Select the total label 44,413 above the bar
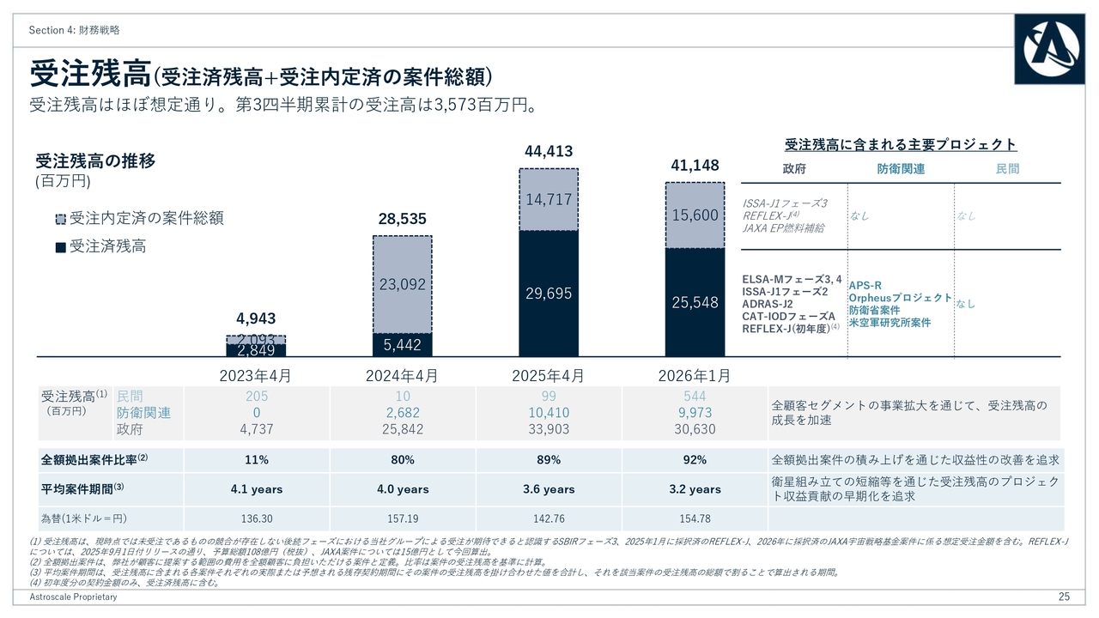click(549, 152)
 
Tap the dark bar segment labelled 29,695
click(549, 294)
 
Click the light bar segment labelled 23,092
click(403, 283)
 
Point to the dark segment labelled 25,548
click(695, 302)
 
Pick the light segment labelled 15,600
click(695, 215)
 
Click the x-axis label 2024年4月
click(402, 376)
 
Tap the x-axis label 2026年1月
click(695, 376)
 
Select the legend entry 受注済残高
click(100, 247)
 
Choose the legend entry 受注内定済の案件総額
click(138, 218)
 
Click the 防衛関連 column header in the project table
click(901, 169)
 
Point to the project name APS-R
click(865, 286)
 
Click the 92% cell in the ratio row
click(695, 460)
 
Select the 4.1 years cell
click(256, 489)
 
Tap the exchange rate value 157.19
click(402, 518)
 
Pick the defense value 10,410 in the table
click(549, 413)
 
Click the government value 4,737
click(256, 429)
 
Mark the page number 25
click(1064, 597)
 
